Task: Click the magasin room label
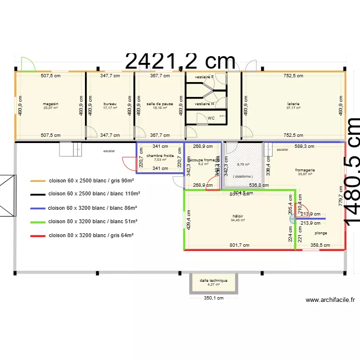pos(50,104)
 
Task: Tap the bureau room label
pos(110,104)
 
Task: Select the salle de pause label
pos(160,104)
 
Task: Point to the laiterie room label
pos(293,104)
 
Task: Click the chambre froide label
pos(160,156)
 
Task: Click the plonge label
pos(321,233)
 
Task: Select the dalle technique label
pos(214,280)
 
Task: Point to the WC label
pos(211,118)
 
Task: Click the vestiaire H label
pos(204,103)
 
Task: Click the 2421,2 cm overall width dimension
pos(180,62)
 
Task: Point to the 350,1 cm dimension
pos(214,298)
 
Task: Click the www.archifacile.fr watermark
pos(331,300)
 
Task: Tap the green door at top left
pos(27,64)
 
